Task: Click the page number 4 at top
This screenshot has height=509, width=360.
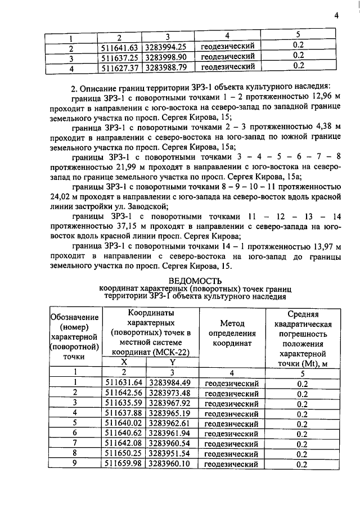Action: pos(336,16)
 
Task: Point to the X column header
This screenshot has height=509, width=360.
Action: pos(124,363)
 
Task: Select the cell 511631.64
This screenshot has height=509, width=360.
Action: pos(124,384)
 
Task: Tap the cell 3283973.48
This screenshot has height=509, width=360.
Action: pos(170,394)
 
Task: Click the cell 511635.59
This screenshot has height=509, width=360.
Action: pos(124,404)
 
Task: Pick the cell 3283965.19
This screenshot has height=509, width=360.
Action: pos(170,414)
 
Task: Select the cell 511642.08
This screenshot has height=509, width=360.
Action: pos(124,444)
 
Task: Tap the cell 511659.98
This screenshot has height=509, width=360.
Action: pos(124,465)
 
